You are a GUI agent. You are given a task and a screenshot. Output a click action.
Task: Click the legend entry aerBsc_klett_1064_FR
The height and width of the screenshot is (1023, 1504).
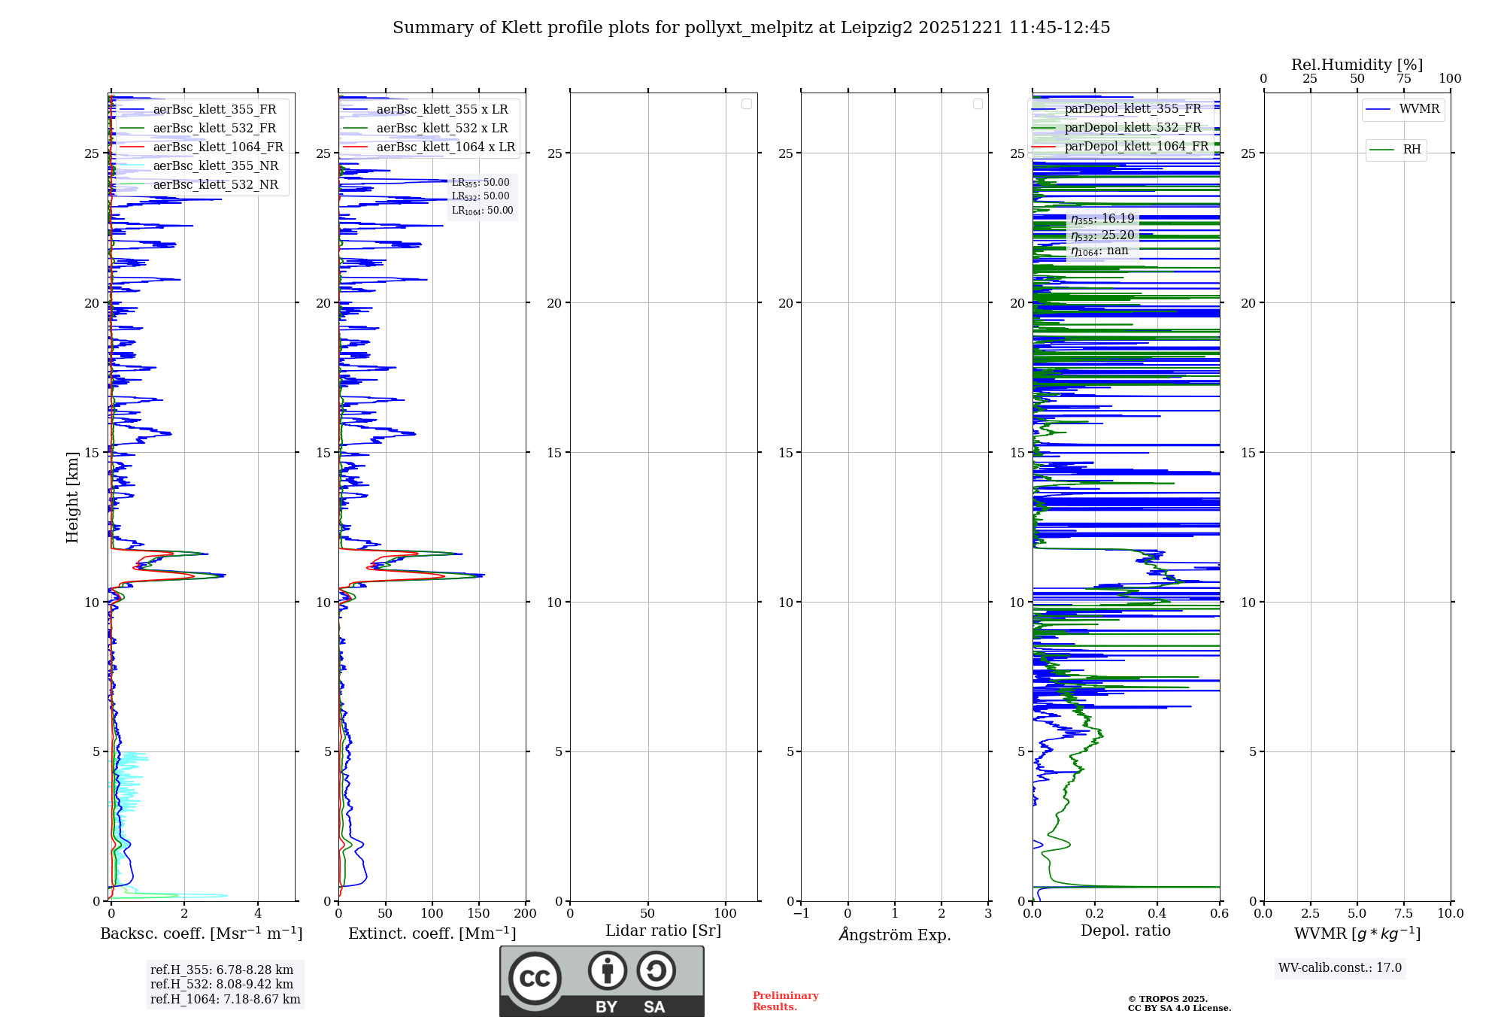pyautogui.click(x=217, y=147)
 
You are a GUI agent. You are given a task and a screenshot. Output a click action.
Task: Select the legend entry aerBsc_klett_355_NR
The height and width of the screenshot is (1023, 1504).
pyautogui.click(x=215, y=165)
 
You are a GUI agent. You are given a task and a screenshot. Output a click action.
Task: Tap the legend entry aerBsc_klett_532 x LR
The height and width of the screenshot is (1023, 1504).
pyautogui.click(x=441, y=128)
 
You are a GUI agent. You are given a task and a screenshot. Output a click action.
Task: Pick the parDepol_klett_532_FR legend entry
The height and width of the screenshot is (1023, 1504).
pyautogui.click(x=1133, y=127)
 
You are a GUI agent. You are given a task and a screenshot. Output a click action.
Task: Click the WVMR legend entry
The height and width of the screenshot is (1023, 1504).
pyautogui.click(x=1418, y=109)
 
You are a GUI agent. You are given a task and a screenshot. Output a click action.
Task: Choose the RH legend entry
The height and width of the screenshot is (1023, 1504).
pyautogui.click(x=1411, y=150)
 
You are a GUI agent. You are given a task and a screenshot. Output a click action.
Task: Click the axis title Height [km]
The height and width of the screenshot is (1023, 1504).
pyautogui.click(x=72, y=497)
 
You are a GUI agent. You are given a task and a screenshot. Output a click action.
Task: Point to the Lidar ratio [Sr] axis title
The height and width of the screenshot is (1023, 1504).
pyautogui.click(x=663, y=930)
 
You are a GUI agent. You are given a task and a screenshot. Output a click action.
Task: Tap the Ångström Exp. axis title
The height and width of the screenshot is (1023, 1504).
pyautogui.click(x=894, y=934)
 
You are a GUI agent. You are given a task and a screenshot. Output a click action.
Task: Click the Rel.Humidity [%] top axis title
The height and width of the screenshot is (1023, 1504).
pyautogui.click(x=1357, y=65)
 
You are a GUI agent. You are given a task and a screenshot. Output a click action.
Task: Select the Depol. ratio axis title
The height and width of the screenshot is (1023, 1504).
pyautogui.click(x=1125, y=930)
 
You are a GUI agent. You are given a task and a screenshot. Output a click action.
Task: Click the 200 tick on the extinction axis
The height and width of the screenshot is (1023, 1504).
pyautogui.click(x=525, y=913)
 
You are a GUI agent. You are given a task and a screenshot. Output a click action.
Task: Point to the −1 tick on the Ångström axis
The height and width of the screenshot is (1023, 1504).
pyautogui.click(x=801, y=913)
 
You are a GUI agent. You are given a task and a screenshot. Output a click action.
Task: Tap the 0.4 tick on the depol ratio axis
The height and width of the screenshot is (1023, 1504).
pyautogui.click(x=1157, y=913)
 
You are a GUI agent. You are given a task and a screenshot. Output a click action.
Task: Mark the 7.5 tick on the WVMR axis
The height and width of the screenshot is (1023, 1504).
pyautogui.click(x=1403, y=913)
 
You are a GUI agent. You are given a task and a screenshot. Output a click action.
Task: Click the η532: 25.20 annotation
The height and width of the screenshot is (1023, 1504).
pyautogui.click(x=1102, y=235)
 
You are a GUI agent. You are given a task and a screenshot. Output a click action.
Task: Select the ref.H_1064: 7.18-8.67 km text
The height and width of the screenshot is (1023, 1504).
pyautogui.click(x=225, y=999)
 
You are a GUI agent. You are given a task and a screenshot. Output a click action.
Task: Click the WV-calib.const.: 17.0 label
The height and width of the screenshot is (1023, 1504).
pyautogui.click(x=1339, y=967)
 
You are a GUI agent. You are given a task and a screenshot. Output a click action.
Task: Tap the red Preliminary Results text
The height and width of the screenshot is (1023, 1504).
pyautogui.click(x=785, y=1000)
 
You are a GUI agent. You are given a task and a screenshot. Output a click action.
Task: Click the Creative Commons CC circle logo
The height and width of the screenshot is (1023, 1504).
pyautogui.click(x=535, y=978)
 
